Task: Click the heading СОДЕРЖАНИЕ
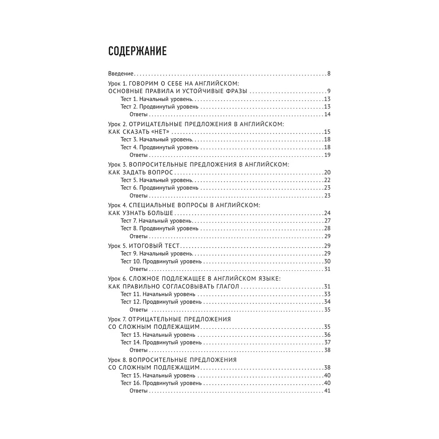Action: pos(137,52)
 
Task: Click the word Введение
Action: pos(121,73)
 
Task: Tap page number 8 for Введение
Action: pos(328,73)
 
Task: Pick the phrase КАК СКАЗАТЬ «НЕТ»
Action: pos(138,132)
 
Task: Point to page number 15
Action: pos(327,132)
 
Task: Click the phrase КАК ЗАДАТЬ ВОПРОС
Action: pos(140,173)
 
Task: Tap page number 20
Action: pos(327,173)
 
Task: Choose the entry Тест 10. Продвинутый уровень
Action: pos(161,261)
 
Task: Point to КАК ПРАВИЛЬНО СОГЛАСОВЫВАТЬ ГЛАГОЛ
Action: pos(173,286)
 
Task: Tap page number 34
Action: pos(327,302)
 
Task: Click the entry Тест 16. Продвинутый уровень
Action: pos(161,383)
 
